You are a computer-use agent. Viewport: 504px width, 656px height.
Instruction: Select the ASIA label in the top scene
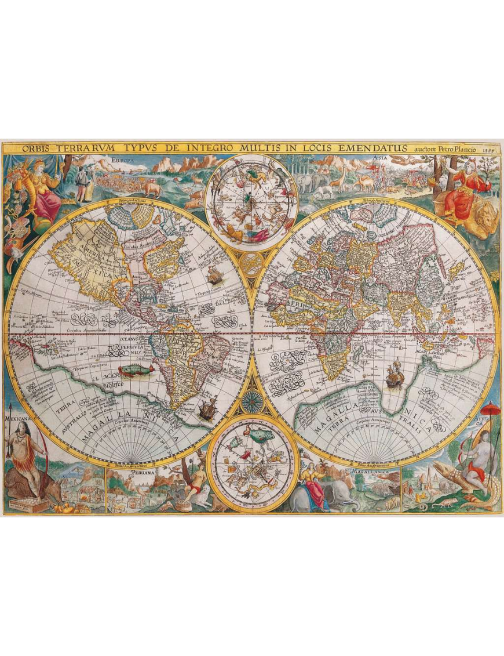tap(380, 157)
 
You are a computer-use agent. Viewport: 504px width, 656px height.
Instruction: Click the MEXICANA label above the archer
tap(16, 417)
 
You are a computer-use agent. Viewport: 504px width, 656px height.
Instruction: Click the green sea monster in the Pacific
tap(134, 370)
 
